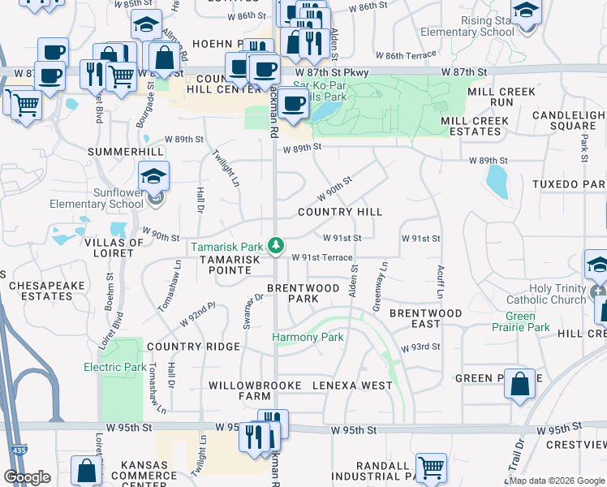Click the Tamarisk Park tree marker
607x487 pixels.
(277, 244)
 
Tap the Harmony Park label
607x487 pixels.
(308, 337)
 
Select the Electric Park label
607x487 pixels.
(115, 367)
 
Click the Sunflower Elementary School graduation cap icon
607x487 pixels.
(153, 175)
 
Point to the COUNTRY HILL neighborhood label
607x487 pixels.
(340, 212)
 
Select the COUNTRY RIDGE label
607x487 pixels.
(194, 347)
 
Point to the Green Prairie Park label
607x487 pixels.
(527, 322)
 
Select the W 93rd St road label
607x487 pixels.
(420, 347)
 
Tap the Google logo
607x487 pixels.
(28, 477)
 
